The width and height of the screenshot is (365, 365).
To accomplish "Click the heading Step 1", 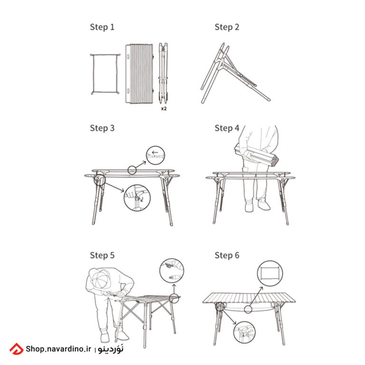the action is [102, 27].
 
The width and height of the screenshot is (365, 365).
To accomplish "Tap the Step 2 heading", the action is [227, 27].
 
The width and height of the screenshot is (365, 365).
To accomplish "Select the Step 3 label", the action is [102, 128].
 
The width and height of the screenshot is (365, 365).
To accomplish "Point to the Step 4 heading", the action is [227, 128].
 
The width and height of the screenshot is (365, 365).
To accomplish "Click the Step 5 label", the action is [102, 255].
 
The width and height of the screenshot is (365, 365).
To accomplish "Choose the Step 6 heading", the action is [227, 255].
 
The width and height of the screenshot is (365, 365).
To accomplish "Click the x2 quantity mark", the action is [164, 108].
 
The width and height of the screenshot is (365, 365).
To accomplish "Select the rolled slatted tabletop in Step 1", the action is [139, 74].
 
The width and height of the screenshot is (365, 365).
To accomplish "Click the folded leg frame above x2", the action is [163, 73].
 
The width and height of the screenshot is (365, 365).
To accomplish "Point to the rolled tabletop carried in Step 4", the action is [256, 155].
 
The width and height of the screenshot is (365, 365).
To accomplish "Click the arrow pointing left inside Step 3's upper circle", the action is [155, 153].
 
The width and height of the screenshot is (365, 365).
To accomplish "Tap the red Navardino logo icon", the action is [16, 349].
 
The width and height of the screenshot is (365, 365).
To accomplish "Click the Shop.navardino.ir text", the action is [58, 349].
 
